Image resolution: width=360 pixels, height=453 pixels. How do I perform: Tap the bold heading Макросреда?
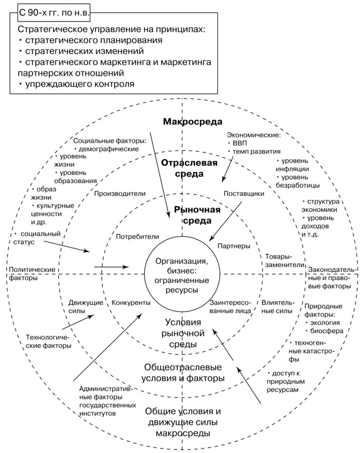pos(193,122)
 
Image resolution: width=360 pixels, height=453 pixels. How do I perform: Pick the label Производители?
pos(120,193)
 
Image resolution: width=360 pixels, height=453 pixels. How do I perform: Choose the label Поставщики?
pos(244,193)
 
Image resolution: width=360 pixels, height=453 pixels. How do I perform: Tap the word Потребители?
pos(137,236)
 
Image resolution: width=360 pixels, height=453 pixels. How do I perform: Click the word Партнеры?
pos(234,246)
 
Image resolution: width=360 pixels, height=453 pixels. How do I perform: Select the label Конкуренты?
pos(131,302)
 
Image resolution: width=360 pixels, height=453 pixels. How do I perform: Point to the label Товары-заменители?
pos(284,260)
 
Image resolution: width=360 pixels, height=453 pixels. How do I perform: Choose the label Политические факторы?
pos(32,274)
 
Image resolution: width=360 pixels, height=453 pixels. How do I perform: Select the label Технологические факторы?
pos(48,341)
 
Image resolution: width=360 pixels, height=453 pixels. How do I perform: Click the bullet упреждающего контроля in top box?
pos(79,84)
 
